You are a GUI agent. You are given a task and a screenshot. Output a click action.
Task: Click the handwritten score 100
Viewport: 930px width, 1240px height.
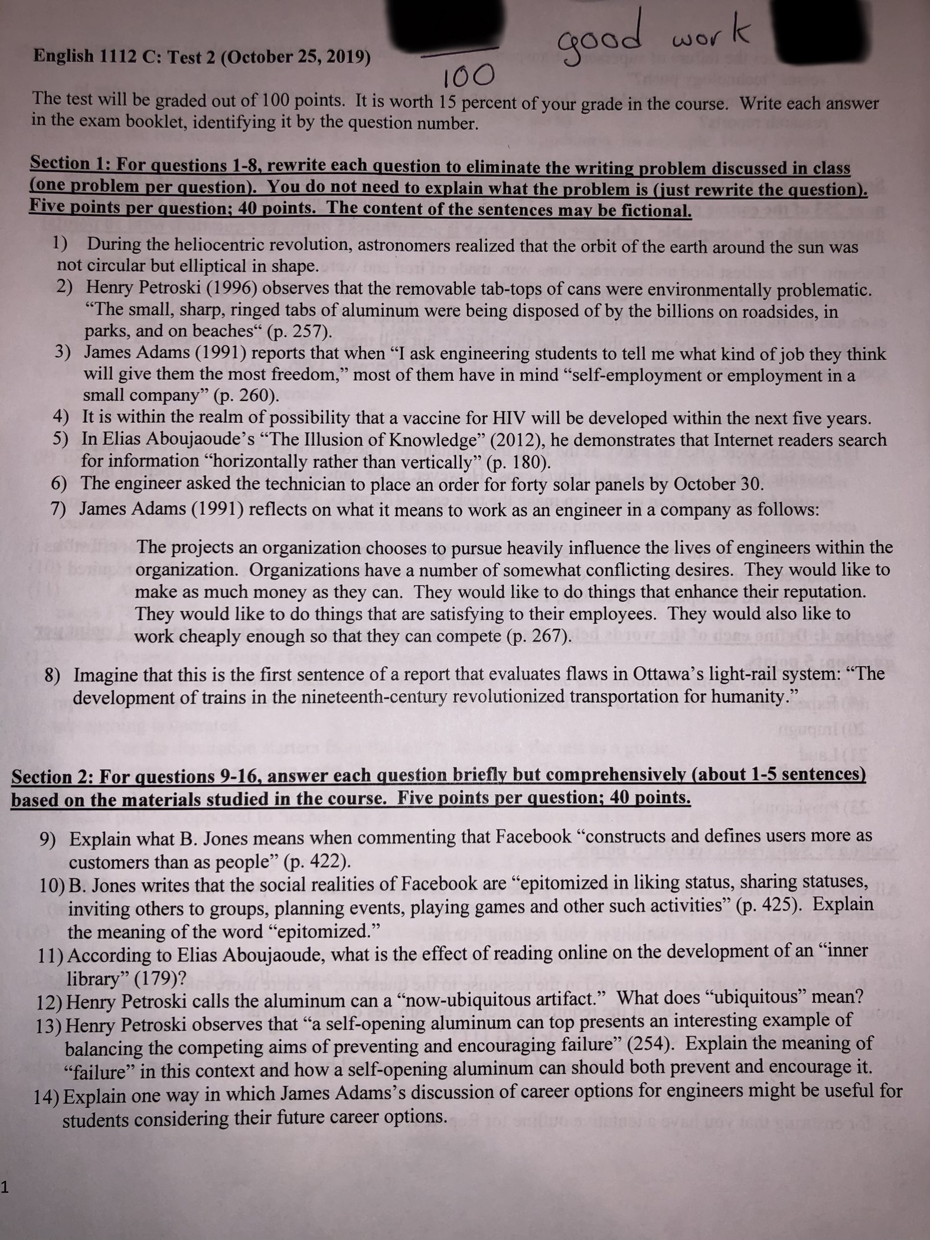[x=466, y=76]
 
